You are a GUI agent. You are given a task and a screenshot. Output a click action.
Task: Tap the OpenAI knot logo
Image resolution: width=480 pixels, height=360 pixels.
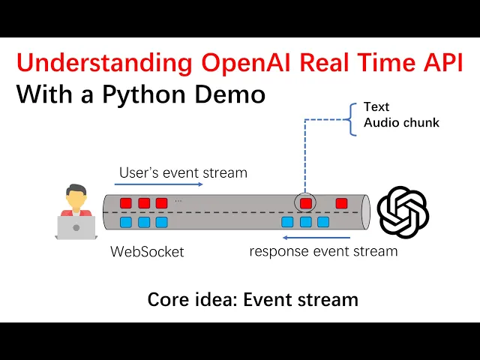[x=403, y=212]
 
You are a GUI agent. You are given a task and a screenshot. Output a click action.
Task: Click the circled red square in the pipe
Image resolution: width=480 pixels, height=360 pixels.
[x=305, y=202]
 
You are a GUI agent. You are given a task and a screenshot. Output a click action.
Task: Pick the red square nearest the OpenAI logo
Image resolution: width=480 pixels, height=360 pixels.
[x=342, y=202]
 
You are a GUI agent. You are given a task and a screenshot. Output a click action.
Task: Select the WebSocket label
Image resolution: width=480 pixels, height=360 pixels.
[x=147, y=252]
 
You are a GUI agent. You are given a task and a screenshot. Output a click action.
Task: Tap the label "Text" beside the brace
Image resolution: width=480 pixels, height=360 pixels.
[x=376, y=107]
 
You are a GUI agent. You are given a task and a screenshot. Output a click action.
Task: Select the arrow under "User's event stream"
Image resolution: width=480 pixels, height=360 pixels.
[x=160, y=184]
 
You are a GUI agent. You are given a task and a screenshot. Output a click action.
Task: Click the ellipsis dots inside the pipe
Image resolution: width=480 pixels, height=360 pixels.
[x=178, y=200]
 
